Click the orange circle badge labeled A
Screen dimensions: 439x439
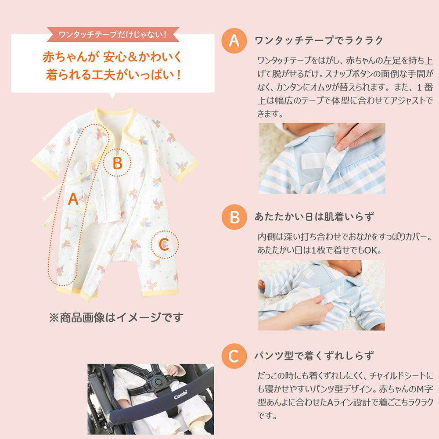234,41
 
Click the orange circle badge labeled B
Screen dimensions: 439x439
234,217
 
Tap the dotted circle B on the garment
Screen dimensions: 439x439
117,163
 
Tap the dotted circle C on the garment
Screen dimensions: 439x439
164,245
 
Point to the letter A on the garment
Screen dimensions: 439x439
73,200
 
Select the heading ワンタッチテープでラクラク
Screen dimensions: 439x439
319,41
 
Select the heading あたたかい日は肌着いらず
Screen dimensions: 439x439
314,217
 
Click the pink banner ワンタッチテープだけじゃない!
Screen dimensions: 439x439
113,34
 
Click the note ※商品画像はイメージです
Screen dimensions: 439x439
115,317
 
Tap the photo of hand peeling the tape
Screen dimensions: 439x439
321,158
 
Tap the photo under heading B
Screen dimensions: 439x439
321,295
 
